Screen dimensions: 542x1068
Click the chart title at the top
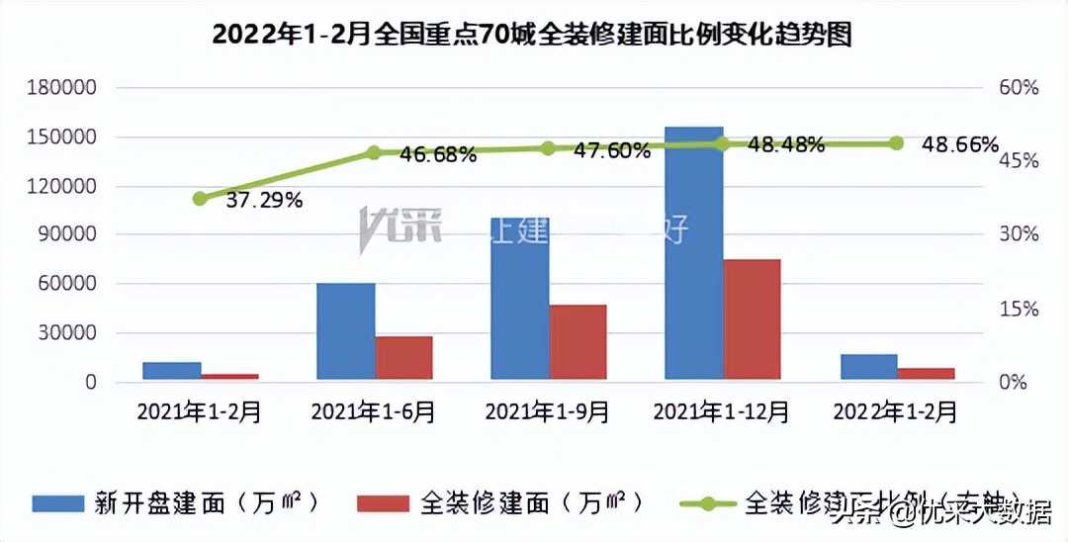533,36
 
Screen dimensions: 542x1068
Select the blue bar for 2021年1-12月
693,253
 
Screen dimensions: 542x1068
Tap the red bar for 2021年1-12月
752,319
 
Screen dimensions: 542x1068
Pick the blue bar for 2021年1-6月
345,331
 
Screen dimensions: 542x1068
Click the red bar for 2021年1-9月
578,342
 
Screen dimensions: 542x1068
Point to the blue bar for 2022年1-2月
868,367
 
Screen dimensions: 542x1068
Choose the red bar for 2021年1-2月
229,376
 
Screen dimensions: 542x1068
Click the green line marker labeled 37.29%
200,199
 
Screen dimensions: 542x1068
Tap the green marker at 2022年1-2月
897,143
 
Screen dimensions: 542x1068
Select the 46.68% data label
438,155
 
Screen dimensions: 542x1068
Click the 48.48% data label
786,145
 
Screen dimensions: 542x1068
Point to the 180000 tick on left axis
61,88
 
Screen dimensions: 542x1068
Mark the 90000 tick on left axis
66,234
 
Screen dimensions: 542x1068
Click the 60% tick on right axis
1018,88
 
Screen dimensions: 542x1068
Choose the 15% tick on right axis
1018,309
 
